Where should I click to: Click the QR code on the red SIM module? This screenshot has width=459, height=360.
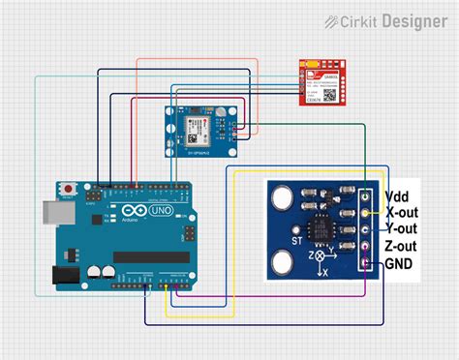pyautogui.click(x=328, y=95)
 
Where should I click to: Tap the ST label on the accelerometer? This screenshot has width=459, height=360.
pyautogui.click(x=299, y=236)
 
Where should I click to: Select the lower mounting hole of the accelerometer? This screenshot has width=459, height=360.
pyautogui.click(x=283, y=261)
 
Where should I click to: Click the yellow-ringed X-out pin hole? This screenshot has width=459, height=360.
pyautogui.click(x=366, y=211)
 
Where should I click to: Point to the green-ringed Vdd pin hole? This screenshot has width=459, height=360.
pyautogui.click(x=366, y=194)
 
